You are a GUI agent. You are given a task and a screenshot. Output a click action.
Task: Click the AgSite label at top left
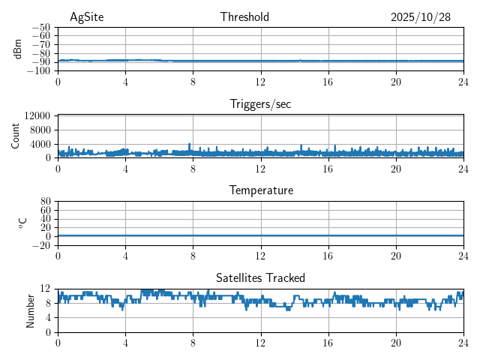coord(86,17)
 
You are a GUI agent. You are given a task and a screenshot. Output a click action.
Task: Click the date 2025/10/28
coord(421,17)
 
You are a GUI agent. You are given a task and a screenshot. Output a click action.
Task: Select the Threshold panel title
coord(244,17)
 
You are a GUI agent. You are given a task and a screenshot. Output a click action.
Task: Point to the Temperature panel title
coord(260,190)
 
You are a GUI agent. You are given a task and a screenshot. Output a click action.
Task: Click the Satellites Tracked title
coord(260,278)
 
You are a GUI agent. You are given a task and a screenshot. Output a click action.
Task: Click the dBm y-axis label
coord(18,49)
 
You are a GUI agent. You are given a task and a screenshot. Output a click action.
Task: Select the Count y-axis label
coord(16,136)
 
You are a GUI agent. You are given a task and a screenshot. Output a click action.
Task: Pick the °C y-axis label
coord(22,223)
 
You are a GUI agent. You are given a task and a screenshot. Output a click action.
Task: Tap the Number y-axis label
coord(31,310)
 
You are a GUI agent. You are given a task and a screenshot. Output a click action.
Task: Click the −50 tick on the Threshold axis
coord(42,27)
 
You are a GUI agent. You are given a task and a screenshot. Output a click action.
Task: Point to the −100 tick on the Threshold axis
coord(40,70)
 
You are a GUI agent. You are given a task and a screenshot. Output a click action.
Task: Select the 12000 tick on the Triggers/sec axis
coord(37,116)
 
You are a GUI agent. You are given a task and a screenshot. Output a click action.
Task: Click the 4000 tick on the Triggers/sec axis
coord(40,144)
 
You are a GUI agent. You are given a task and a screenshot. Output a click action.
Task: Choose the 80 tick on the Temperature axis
coord(46,202)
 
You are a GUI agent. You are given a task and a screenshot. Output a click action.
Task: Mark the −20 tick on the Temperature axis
coord(42,245)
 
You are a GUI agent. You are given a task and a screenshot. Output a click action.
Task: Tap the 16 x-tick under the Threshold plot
coord(328,82)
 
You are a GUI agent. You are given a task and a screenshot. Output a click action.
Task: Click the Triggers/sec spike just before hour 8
coord(189,145)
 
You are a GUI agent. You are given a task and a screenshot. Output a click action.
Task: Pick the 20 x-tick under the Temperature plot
coord(395,256)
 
